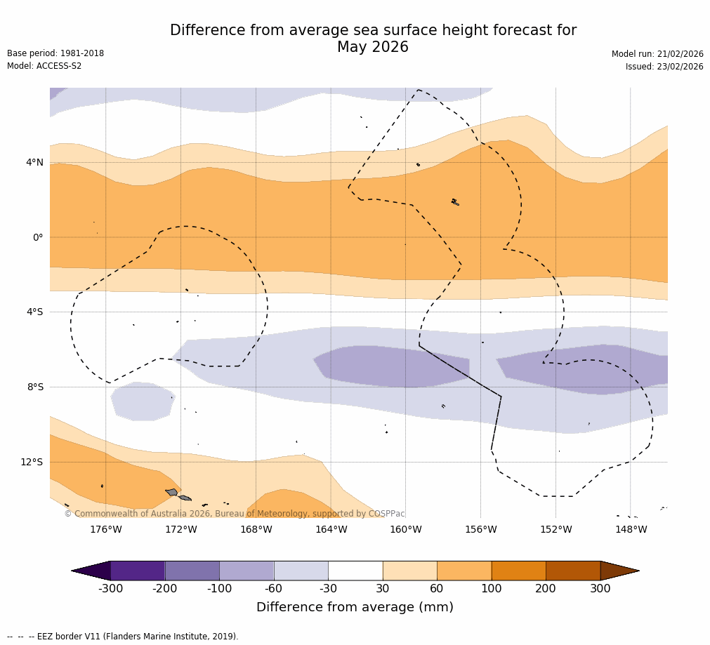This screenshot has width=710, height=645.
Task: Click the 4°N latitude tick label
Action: pos(34,163)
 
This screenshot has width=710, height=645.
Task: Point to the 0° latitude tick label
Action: pos(37,237)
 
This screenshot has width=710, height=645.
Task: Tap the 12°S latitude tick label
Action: pos(32,462)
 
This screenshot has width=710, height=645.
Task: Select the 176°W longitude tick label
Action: pos(105,529)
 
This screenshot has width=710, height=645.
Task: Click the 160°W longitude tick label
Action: pos(405,529)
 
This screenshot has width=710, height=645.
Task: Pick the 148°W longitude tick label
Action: pos(631,529)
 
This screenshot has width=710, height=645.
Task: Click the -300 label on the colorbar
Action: pos(110,589)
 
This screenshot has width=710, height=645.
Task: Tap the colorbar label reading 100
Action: pos(492,589)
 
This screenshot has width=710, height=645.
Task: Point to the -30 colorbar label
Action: pos(328,589)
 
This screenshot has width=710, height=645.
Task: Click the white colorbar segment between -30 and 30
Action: pos(355,571)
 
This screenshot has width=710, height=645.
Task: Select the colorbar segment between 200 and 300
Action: pos(573,571)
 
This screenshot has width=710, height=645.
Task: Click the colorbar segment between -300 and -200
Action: pos(138,571)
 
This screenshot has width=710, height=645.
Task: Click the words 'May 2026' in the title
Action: pos(372,48)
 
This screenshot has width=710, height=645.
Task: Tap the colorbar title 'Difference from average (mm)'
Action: pos(355,607)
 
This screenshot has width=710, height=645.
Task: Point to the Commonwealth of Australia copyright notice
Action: pos(235,514)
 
